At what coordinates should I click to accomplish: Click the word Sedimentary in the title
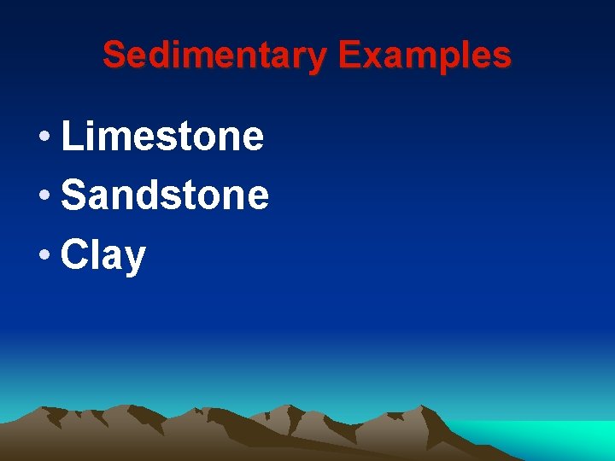(214, 56)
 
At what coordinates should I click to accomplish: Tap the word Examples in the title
(425, 56)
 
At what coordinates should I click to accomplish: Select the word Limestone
(163, 137)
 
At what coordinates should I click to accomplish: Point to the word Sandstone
(166, 195)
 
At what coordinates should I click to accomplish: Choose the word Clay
(103, 255)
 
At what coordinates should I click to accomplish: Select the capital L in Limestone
(72, 137)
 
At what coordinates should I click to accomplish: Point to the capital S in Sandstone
(74, 195)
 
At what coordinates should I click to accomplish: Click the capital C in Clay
(75, 255)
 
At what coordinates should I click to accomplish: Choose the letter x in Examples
(370, 58)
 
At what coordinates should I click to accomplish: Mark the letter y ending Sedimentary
(317, 60)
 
